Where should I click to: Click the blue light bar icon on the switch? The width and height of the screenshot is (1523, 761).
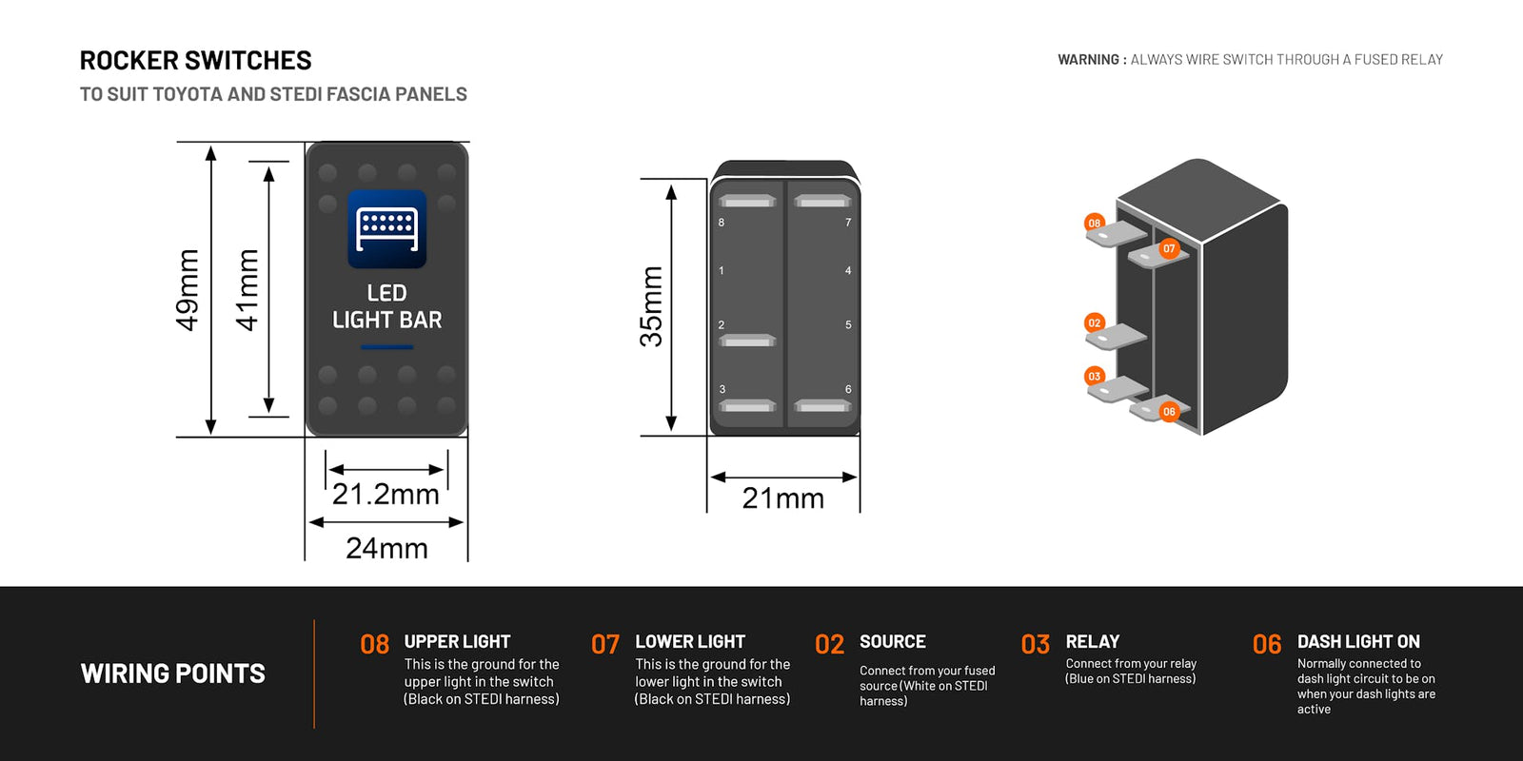coord(386,229)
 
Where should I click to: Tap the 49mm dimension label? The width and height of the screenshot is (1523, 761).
coord(188,289)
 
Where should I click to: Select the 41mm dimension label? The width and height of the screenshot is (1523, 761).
coord(247,289)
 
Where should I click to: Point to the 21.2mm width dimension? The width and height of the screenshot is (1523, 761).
coord(386,494)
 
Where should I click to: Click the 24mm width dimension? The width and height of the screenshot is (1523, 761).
coord(386,548)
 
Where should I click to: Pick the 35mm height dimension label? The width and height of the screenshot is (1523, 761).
coord(651,306)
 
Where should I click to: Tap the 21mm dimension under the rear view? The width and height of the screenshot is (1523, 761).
coord(782,498)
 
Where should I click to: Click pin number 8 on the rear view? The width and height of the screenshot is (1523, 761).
coord(722,223)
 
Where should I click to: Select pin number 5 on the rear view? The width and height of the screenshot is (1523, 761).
coord(848,325)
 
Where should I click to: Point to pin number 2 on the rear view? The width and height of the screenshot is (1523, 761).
coord(722,325)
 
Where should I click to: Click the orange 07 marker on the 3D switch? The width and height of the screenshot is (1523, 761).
coord(1169,248)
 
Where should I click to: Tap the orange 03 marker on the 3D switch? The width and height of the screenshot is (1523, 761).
coord(1095,377)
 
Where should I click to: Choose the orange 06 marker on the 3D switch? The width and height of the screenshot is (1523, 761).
coord(1169,412)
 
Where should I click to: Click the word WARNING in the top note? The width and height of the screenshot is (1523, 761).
coord(1088,60)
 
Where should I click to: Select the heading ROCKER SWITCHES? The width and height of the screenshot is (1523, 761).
coord(195,61)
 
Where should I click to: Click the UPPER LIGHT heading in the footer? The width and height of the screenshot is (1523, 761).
coord(457,642)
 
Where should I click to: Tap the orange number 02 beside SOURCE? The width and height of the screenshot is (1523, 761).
coord(829,645)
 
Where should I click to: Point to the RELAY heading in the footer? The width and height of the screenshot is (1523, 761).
coord(1092,642)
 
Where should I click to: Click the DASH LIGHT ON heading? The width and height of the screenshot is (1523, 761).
coord(1358,642)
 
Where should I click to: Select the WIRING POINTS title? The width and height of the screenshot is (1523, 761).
coord(173,673)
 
